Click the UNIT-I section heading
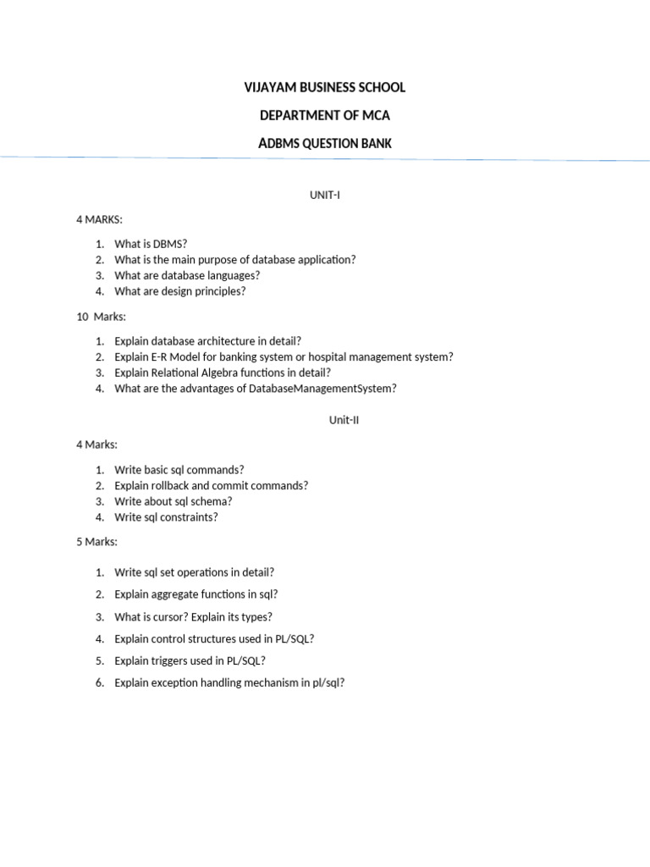coord(325,196)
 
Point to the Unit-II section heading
coord(344,420)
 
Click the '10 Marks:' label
coord(101,317)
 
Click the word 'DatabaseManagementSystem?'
coord(322,389)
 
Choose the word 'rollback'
coord(175,486)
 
